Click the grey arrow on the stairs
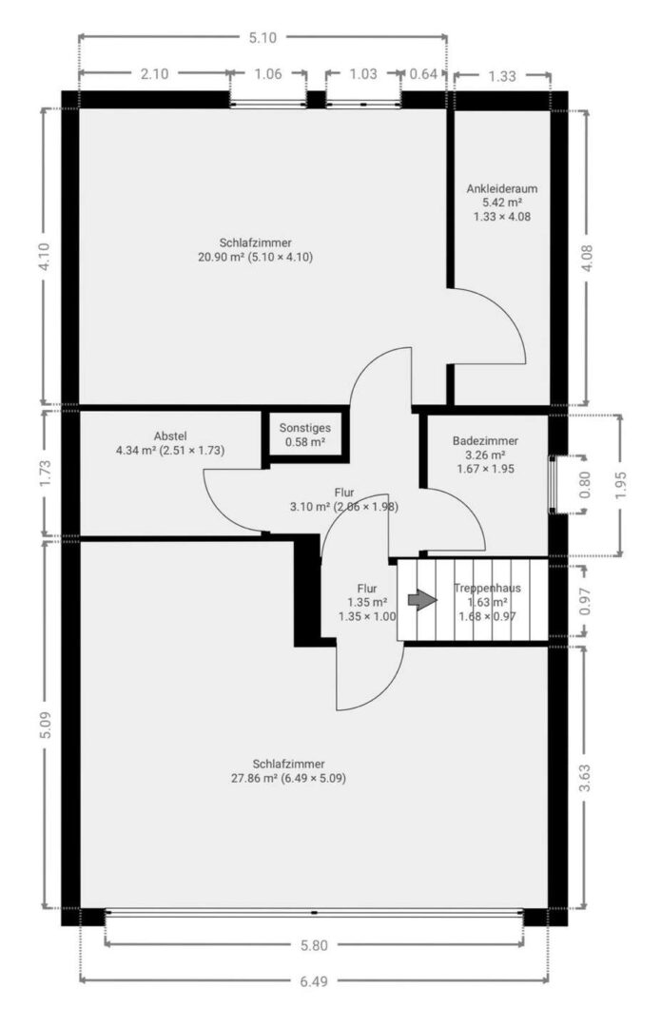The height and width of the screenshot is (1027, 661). [422, 600]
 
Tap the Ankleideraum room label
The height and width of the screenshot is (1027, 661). [502, 188]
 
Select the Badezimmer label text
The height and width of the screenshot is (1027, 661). [485, 441]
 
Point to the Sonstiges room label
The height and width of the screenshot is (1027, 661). [304, 428]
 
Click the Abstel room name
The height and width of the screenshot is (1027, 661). [170, 436]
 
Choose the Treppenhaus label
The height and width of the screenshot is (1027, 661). [487, 588]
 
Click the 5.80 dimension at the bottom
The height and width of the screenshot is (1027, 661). [314, 945]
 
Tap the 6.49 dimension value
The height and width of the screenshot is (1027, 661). [314, 981]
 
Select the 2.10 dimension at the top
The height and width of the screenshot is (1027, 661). [154, 74]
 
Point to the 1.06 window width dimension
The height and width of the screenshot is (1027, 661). [267, 74]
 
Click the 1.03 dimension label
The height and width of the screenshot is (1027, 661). [363, 74]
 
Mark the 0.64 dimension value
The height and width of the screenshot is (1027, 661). [423, 74]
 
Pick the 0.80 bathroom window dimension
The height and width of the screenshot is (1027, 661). [585, 484]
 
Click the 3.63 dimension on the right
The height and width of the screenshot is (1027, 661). [585, 778]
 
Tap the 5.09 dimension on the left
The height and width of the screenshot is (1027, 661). [46, 725]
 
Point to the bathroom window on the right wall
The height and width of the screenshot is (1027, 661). [553, 484]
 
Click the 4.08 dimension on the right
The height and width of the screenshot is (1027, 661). [586, 258]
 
